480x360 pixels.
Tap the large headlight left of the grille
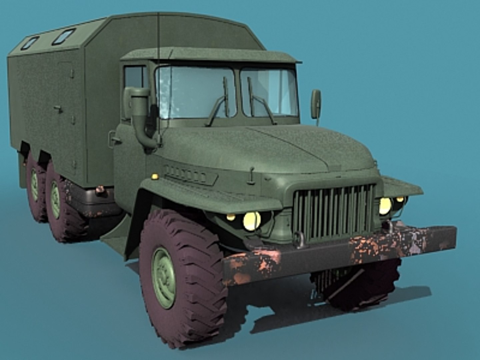[x=251, y=221]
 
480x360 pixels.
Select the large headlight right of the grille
[x=385, y=206]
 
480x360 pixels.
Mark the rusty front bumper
[x=340, y=253]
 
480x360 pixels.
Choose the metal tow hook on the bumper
[x=299, y=240]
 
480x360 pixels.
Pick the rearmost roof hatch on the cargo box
[x=30, y=43]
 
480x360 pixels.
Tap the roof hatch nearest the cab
[x=64, y=36]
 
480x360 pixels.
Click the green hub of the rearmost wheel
[x=34, y=189]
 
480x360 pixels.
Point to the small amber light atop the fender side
[x=155, y=176]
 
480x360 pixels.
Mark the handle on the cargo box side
[x=58, y=108]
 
